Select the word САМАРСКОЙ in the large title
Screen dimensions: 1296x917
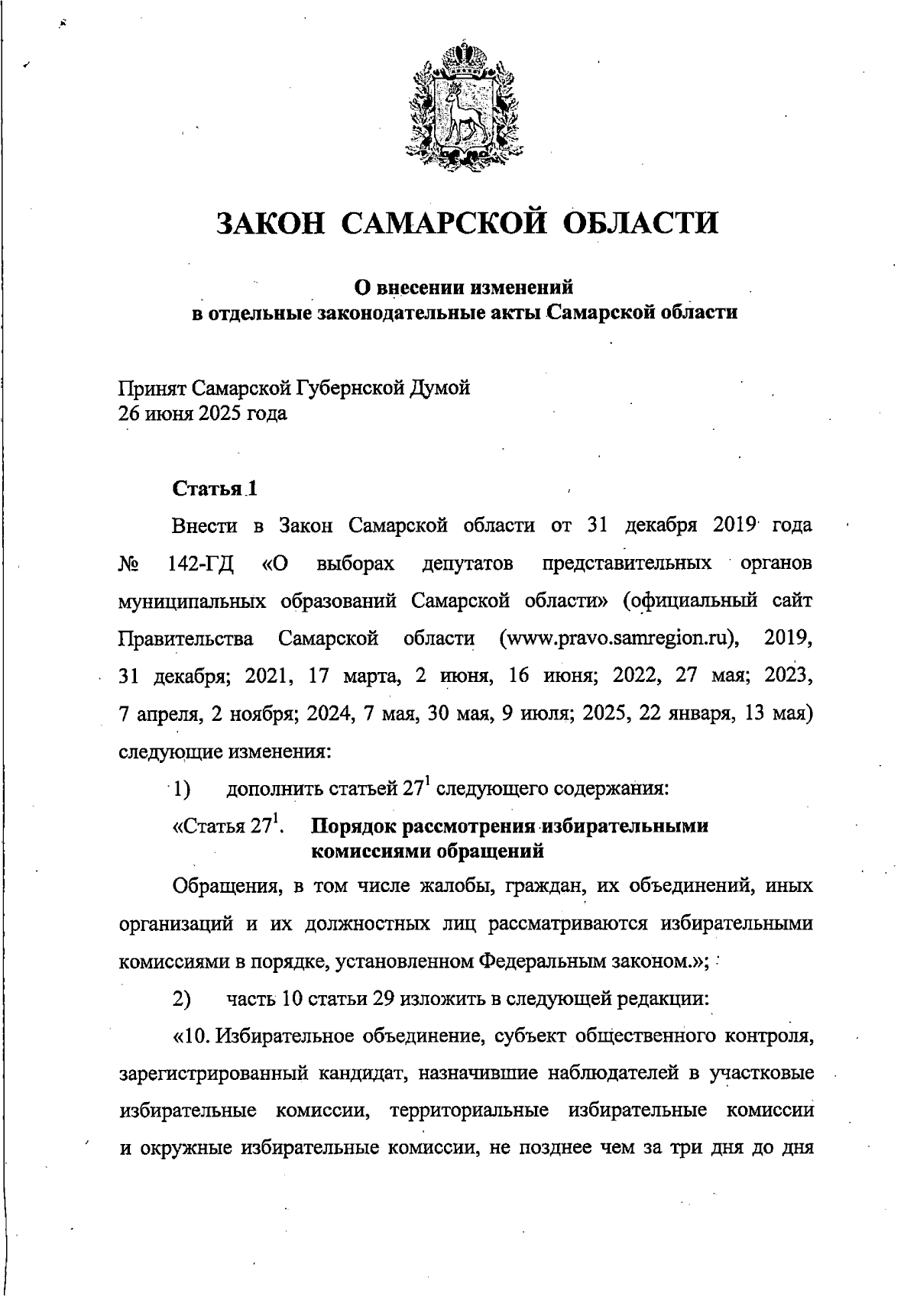(x=443, y=222)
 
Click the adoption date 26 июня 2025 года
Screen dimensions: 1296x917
(x=203, y=415)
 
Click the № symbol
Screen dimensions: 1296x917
(x=129, y=564)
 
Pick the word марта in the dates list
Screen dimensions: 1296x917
(x=370, y=677)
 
